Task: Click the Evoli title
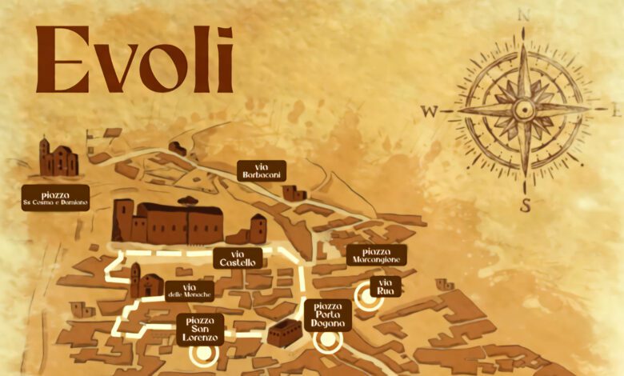[x=134, y=59]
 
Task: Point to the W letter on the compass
[x=430, y=112]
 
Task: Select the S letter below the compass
[x=526, y=205]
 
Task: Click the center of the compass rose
[x=525, y=109]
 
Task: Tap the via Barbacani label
[x=261, y=170]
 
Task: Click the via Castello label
[x=238, y=258]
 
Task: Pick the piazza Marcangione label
[x=377, y=255]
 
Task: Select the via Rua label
[x=386, y=286]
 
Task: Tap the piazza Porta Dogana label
[x=328, y=314]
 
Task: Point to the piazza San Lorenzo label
[x=200, y=326]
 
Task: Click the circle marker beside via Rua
[x=368, y=294]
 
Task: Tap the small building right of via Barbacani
[x=294, y=193]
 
